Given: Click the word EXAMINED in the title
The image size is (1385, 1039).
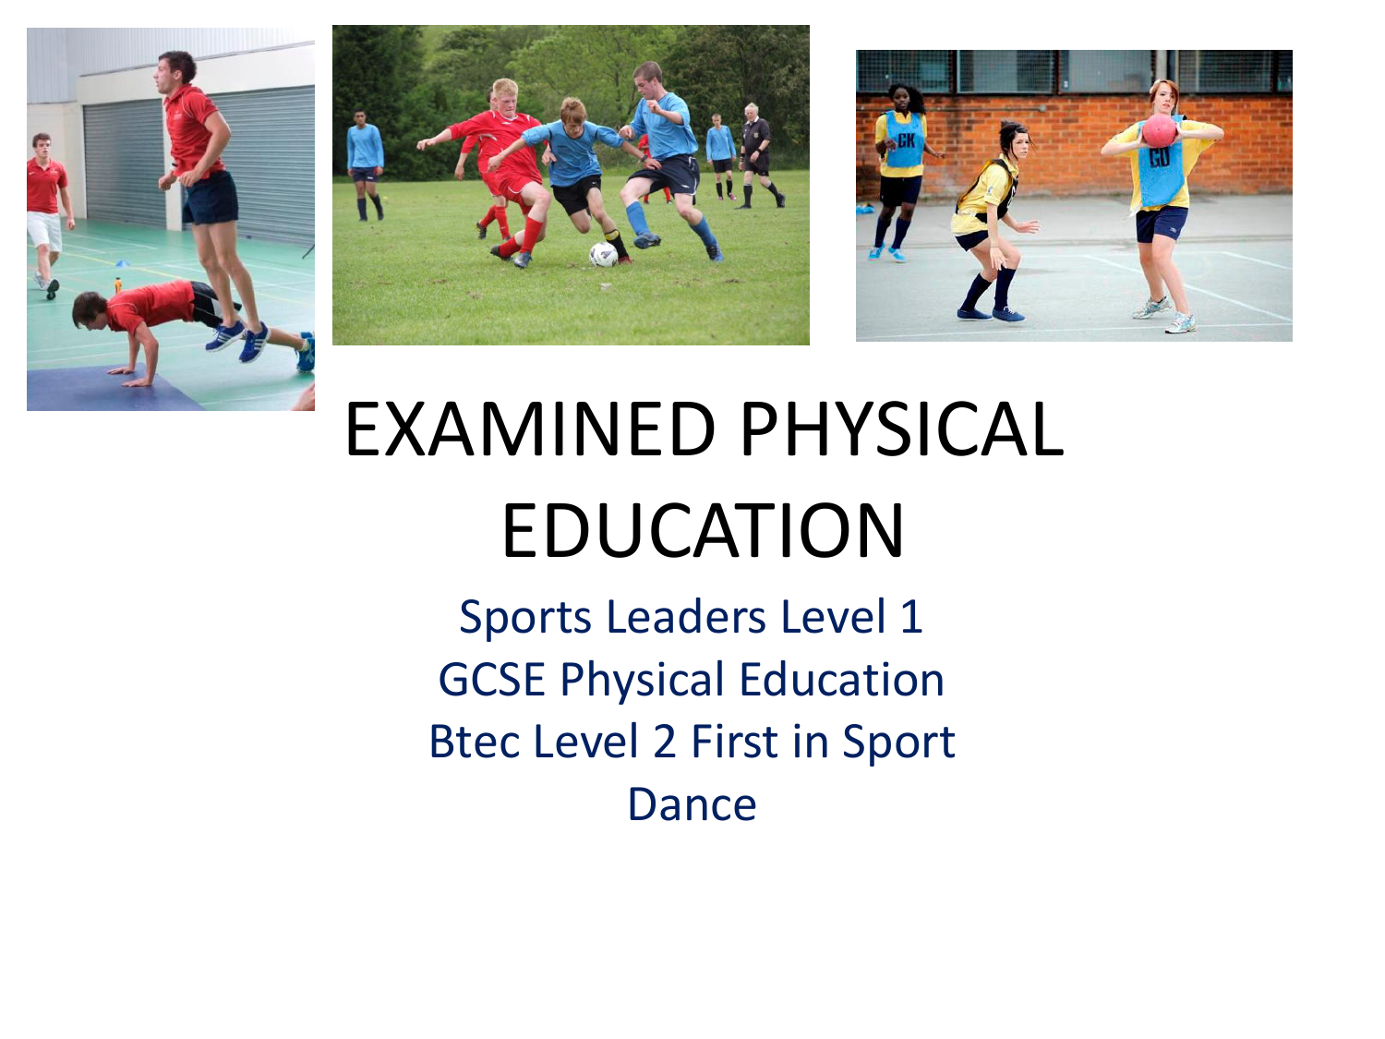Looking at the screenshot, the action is point(530,429).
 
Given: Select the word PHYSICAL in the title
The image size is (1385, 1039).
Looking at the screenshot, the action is point(902,429).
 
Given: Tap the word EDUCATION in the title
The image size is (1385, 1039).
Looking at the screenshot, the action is point(703,530).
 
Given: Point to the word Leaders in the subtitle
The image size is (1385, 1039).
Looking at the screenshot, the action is point(686,616).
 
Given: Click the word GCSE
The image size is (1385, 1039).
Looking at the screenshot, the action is point(491,680).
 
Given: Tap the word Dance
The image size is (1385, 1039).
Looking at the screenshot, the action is point(692,804).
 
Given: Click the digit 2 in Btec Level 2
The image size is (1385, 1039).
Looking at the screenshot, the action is point(665,742).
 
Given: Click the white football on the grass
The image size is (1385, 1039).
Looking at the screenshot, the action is point(603,254).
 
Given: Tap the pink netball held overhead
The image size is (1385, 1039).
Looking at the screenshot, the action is point(1159,130).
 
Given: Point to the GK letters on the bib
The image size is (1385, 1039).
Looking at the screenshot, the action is point(906,140).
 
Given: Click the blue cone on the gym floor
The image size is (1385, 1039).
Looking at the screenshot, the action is point(123,262).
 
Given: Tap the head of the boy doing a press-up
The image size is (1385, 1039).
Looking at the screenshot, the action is point(89,309).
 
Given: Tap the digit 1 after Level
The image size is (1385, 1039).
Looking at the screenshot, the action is point(911,616).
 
